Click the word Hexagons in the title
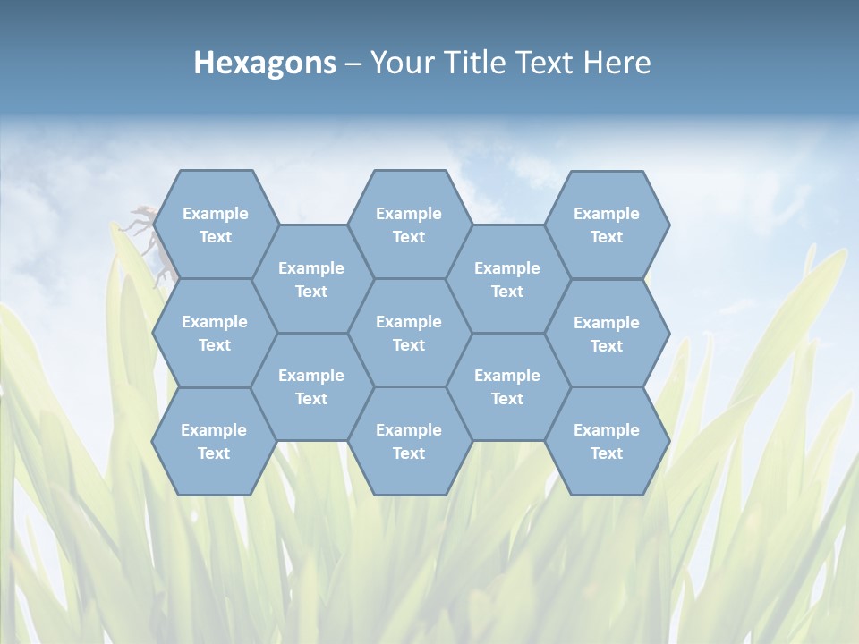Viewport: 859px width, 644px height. [265, 63]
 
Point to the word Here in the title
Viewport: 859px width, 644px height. [617, 63]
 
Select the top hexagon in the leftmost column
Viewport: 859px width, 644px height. [215, 225]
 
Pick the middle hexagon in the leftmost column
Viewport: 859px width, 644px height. [215, 333]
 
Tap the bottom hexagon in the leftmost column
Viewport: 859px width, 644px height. [214, 441]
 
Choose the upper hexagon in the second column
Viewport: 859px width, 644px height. [311, 279]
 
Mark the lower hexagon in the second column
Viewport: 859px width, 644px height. [311, 386]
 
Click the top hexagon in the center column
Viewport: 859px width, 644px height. [409, 225]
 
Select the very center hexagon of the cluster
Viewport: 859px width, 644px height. [409, 333]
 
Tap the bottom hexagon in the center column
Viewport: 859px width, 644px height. [409, 441]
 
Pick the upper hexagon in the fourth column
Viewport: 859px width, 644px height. [507, 279]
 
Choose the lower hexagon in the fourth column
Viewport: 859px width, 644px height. [507, 386]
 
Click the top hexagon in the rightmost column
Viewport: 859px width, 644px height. [607, 225]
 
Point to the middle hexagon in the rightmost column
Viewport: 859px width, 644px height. [607, 334]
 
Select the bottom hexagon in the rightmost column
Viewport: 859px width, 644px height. [607, 441]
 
